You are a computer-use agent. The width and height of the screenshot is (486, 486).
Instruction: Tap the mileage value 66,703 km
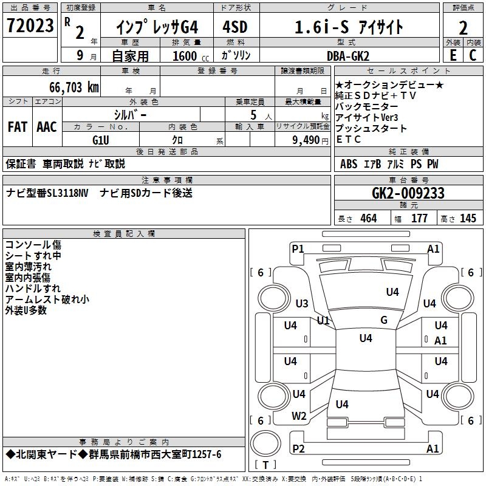(x=70, y=87)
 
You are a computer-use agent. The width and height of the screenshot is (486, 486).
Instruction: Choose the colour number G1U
(x=101, y=140)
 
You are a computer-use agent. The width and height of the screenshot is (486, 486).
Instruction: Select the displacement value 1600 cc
(x=185, y=56)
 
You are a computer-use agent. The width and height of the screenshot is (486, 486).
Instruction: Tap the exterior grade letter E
(x=453, y=56)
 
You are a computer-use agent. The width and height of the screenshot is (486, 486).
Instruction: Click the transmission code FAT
(x=18, y=127)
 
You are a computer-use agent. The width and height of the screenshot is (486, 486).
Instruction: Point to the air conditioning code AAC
(x=47, y=127)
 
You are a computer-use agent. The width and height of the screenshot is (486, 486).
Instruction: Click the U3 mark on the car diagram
(x=302, y=304)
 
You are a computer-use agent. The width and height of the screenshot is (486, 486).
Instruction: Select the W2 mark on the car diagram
(x=299, y=416)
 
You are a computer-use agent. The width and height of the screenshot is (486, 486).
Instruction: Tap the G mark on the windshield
(x=383, y=320)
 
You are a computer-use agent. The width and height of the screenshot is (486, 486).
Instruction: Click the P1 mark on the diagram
(x=298, y=248)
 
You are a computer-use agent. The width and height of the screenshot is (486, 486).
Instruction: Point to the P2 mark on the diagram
(x=298, y=448)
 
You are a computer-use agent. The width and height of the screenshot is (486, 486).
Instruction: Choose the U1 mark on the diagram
(x=323, y=320)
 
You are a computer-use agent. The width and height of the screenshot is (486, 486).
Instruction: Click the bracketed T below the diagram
(x=265, y=465)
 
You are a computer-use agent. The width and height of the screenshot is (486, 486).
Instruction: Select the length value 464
(x=368, y=219)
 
